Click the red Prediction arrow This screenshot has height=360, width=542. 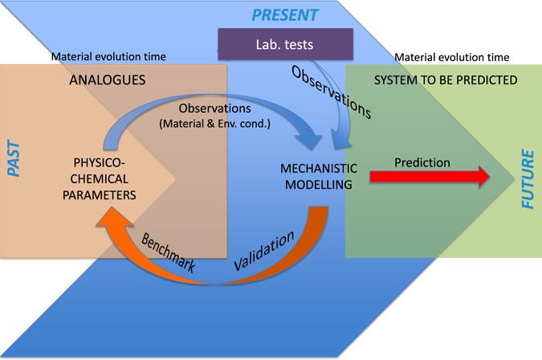[429, 178]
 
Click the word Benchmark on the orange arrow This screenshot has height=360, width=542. [169, 252]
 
